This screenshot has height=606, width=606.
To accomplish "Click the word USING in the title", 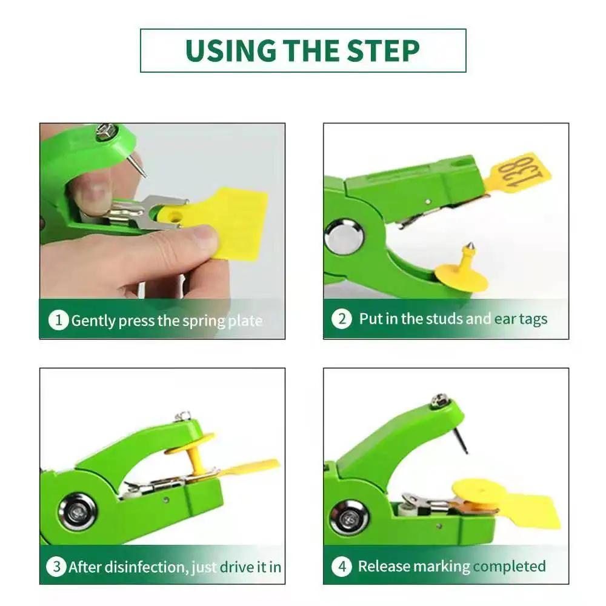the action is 231,51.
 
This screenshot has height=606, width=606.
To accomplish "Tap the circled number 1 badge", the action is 58,321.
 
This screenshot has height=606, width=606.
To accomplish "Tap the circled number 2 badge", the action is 342,319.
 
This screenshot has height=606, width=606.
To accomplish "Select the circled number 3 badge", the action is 56,567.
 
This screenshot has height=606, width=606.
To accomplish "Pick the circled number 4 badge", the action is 342,566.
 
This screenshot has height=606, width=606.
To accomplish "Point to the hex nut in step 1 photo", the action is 106,132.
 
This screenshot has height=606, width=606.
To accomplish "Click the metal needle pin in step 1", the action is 138,165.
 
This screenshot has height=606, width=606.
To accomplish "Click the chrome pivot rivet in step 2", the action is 344,236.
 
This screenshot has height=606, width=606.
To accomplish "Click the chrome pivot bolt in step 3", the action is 78,512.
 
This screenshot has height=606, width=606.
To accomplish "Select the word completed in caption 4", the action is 509,567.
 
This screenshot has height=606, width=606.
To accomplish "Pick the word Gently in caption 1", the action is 93,321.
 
